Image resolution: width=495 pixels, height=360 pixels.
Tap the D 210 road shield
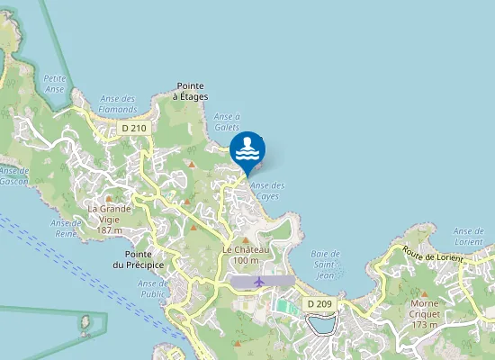pos(134,129)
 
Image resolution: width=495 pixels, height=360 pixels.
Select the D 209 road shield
pos(319,304)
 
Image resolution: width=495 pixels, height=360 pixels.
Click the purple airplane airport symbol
pos(260,282)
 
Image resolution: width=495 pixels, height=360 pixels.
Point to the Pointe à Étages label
pos(192,91)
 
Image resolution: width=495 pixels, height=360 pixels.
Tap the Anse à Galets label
pos(227,121)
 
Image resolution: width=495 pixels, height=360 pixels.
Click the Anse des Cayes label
pos(267,191)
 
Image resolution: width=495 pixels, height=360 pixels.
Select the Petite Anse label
pos(55,83)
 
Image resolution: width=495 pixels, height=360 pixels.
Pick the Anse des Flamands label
pos(117,103)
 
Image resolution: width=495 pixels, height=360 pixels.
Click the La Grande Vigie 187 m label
pos(109,220)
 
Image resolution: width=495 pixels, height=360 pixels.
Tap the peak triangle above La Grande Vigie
pos(109,199)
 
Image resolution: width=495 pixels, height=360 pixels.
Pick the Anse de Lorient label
pos(469,237)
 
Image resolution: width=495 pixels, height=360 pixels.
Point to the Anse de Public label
pos(153,288)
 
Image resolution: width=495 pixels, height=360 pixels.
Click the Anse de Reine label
pos(66,228)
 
